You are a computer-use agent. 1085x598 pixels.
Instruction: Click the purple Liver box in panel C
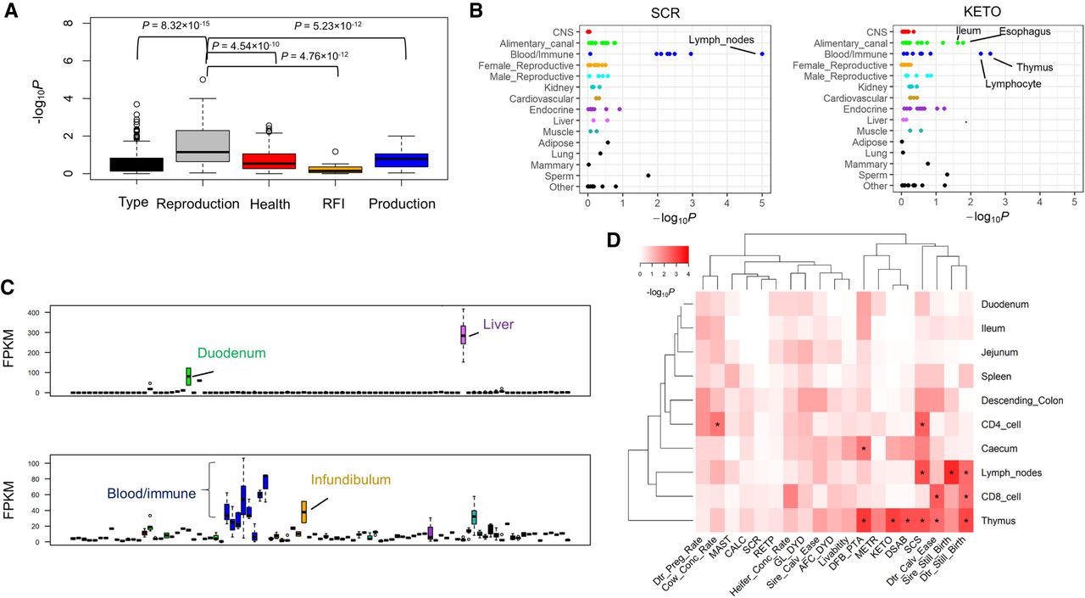tap(463, 333)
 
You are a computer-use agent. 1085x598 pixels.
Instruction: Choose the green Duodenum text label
tap(231, 352)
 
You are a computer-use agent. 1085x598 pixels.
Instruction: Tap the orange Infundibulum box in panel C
tap(303, 511)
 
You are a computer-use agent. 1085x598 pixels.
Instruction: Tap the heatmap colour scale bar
tap(664, 254)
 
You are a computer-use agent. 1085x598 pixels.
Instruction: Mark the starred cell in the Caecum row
tap(864, 447)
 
